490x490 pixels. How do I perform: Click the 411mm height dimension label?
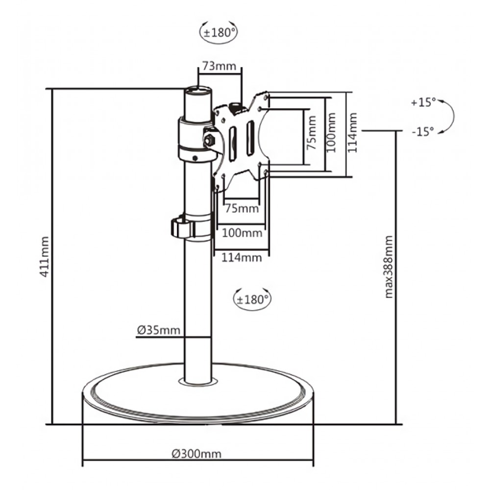45,257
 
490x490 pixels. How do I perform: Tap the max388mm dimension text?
390,267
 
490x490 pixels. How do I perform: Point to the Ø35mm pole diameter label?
158,330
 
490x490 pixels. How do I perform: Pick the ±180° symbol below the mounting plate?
252,299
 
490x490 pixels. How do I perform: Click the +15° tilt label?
423,102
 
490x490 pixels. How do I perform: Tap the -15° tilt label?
423,131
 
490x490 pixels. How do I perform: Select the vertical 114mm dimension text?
353,133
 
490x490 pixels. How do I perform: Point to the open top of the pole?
198,91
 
